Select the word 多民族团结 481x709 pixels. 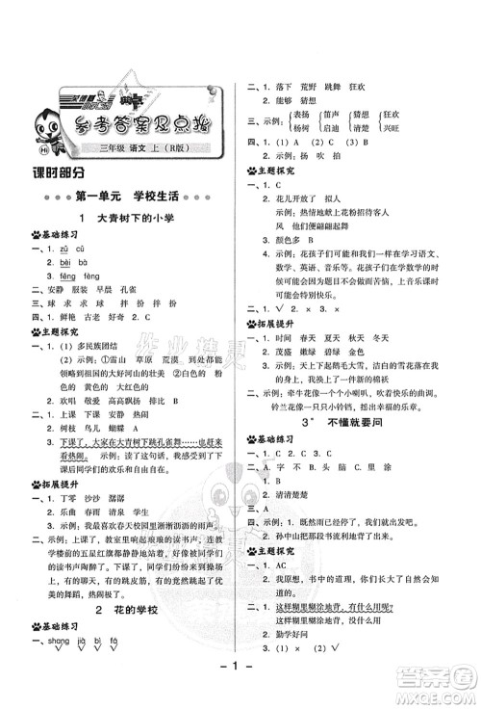click(x=120, y=341)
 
